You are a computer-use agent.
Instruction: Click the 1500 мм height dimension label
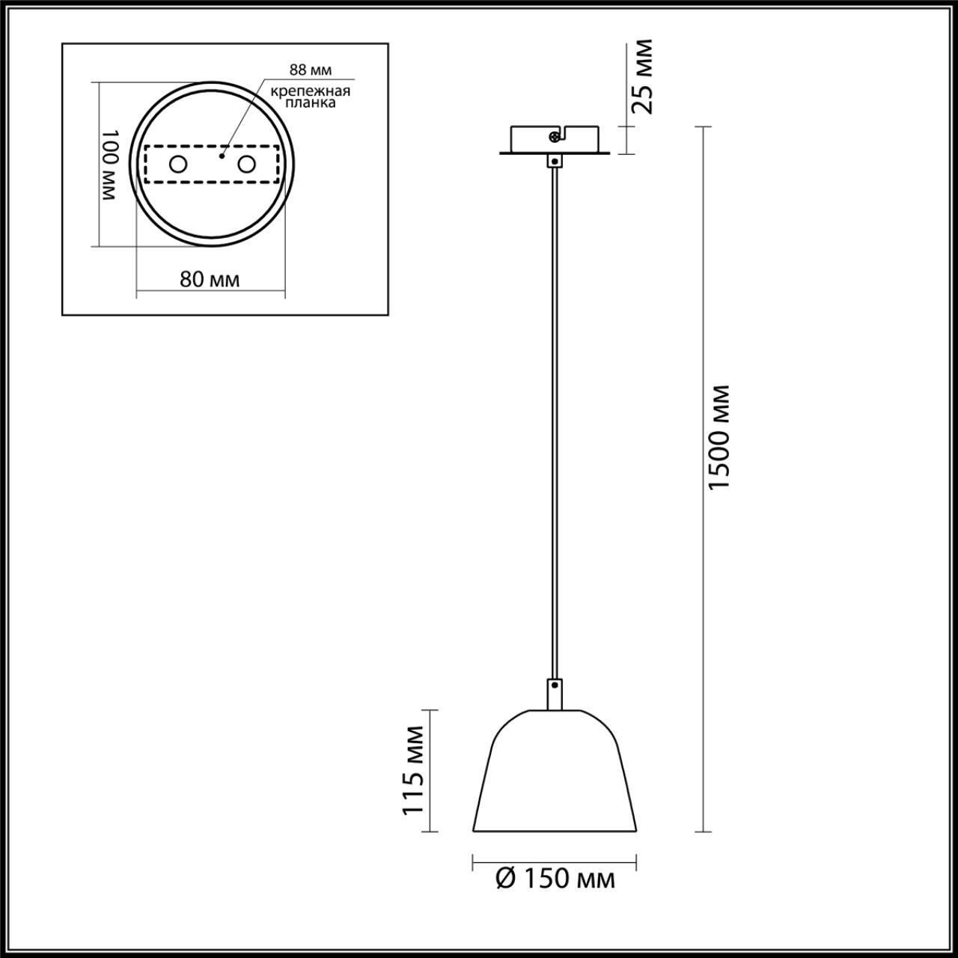point(719,438)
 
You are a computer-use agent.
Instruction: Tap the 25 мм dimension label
point(641,76)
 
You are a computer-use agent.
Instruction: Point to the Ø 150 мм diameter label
point(555,879)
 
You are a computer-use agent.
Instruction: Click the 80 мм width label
point(210,279)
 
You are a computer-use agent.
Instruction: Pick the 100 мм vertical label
point(109,165)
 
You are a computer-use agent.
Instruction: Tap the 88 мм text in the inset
point(311,70)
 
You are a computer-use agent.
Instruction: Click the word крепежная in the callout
point(311,91)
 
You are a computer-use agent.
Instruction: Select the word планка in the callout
point(311,104)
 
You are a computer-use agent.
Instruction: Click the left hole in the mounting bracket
point(178,164)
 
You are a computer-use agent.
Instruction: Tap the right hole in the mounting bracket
point(247,164)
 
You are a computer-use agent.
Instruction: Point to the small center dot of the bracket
point(221,157)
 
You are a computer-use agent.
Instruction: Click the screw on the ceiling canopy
point(554,137)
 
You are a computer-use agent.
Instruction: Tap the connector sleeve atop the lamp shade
point(555,693)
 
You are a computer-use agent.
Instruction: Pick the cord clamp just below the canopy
point(555,161)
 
